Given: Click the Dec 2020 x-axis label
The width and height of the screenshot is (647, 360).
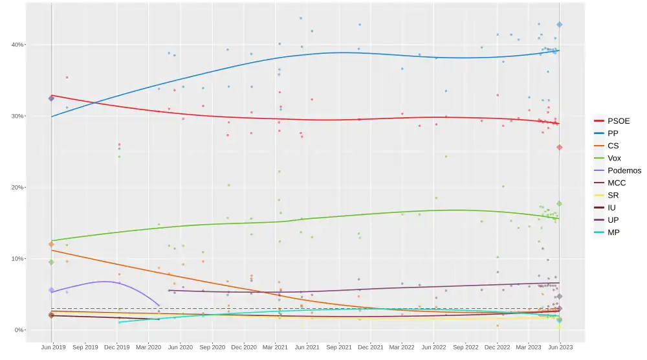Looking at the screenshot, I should pos(244,347).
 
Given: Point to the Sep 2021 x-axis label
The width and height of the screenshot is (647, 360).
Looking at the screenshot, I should pos(338,347).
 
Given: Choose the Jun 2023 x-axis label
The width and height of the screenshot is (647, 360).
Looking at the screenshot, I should pos(560,347).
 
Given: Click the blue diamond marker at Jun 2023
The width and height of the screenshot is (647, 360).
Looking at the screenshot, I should pos(560,25).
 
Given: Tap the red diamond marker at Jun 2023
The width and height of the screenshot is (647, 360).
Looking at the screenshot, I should pos(560,148).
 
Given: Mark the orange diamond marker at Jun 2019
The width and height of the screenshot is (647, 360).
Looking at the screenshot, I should pos(51,244).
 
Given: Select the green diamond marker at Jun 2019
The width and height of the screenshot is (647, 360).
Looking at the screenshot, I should pos(51,262).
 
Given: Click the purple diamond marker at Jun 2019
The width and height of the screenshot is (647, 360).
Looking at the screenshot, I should pos(51,290).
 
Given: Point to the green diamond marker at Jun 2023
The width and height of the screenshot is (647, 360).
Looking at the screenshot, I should pos(560,203).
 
